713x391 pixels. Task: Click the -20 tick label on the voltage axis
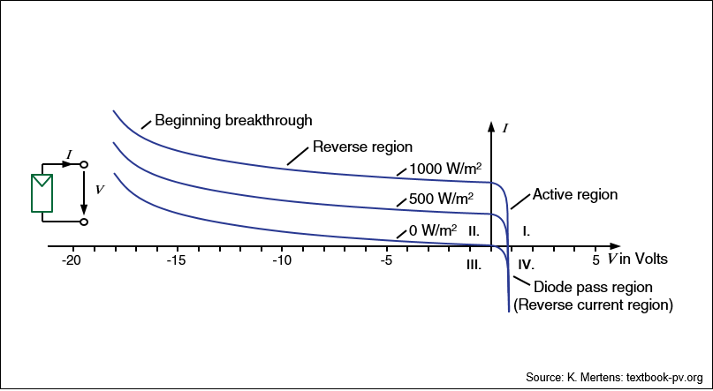tap(72, 260)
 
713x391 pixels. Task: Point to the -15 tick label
tap(178, 260)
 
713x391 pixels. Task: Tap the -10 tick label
tap(282, 260)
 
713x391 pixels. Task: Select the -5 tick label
tap(386, 260)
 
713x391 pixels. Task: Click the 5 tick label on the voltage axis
tap(595, 260)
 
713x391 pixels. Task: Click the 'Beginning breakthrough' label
tap(234, 121)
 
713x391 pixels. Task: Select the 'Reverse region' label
tap(363, 147)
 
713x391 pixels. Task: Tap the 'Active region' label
tap(575, 194)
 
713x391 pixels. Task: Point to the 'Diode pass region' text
tap(593, 287)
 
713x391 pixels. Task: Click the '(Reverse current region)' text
tap(593, 305)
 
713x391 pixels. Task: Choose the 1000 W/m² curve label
tap(445, 169)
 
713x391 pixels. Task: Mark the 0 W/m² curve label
tap(433, 229)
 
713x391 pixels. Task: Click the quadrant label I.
tap(526, 231)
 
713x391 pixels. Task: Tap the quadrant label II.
tap(474, 231)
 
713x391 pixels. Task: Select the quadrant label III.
tap(474, 265)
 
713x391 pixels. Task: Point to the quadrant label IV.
tap(526, 264)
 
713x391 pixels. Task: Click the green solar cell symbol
tap(42, 193)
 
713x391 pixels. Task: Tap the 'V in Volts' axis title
tap(638, 259)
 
